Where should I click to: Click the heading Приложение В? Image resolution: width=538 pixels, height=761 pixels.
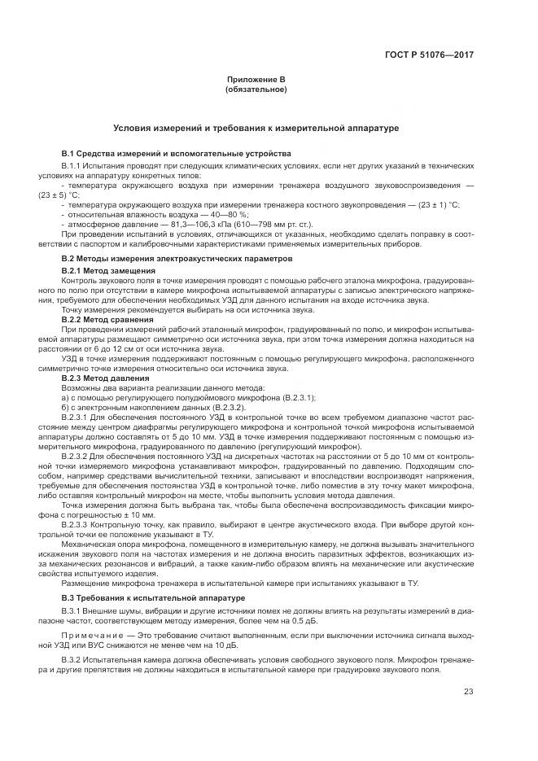256,80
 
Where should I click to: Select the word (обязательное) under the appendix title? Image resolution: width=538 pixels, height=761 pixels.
256,89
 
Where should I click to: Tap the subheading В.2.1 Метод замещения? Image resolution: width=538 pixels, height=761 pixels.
108,269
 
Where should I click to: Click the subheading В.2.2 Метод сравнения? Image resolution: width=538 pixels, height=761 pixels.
107,319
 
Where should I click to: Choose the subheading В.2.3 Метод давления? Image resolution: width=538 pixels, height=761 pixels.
106,378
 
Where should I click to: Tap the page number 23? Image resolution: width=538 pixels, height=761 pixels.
468,693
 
